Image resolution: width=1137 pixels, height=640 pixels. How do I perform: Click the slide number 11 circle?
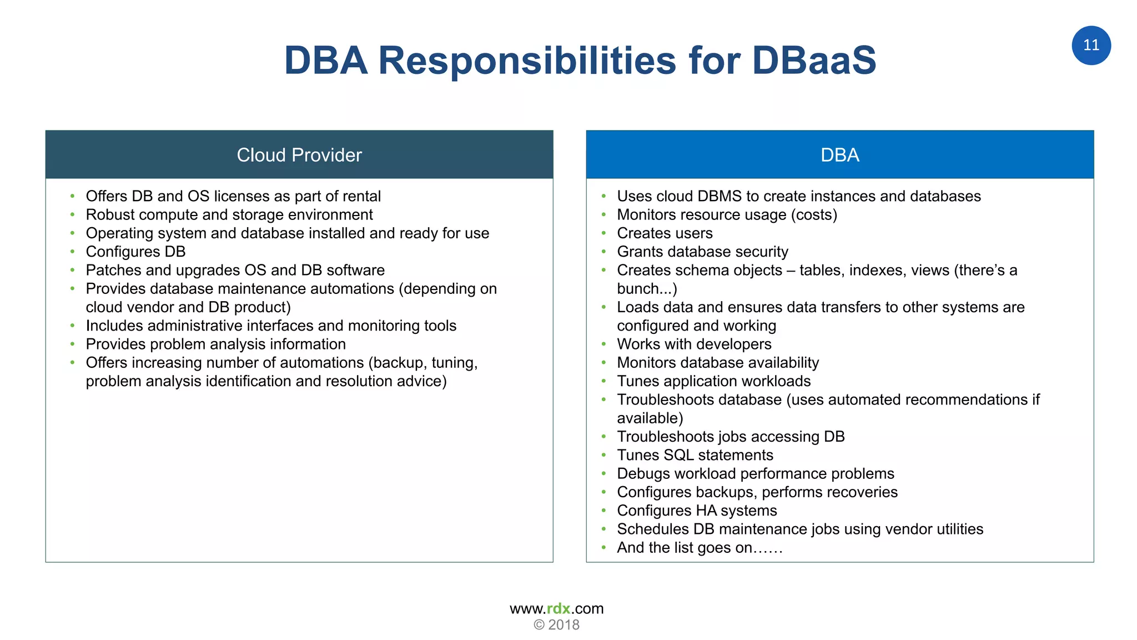tap(1090, 46)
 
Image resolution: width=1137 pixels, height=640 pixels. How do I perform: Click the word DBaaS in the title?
tap(814, 60)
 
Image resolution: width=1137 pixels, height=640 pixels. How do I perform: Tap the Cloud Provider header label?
tap(299, 155)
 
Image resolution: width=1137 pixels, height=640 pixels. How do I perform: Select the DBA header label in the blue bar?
tap(839, 155)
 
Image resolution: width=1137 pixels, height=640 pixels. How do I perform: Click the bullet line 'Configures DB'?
tap(135, 252)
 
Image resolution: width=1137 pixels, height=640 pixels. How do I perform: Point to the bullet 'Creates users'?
tap(665, 233)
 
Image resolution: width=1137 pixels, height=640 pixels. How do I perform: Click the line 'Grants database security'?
tap(702, 252)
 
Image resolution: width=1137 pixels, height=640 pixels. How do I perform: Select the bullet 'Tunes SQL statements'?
tap(695, 455)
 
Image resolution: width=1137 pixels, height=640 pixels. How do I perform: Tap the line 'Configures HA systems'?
tap(697, 511)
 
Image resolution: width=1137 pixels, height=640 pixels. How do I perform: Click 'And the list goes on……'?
tap(699, 548)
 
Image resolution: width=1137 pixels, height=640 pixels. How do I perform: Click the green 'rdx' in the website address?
tap(558, 608)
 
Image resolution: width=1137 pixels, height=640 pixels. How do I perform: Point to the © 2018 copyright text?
tap(556, 625)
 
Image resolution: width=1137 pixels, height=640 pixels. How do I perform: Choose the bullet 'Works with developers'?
tap(694, 344)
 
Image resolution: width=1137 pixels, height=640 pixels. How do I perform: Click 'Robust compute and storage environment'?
tap(229, 215)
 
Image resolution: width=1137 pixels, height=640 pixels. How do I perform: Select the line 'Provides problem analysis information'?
tap(215, 344)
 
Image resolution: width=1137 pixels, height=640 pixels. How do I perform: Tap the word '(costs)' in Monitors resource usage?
tap(813, 215)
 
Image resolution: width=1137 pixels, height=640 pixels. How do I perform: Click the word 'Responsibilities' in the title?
tap(527, 60)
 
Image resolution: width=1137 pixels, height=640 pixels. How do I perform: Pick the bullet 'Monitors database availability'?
tap(718, 363)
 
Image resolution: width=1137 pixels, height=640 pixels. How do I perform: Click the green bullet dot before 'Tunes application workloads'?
tap(604, 382)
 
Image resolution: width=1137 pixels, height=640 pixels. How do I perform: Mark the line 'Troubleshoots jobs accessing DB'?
tap(731, 437)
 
